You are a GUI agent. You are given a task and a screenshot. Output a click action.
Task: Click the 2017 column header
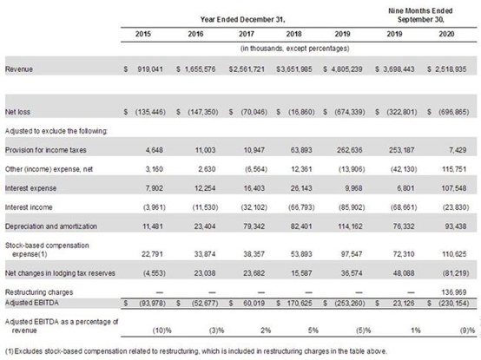pos(247,34)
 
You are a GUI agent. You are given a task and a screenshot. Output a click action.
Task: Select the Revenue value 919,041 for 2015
pos(150,69)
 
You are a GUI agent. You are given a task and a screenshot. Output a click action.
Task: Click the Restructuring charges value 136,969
pos(454,292)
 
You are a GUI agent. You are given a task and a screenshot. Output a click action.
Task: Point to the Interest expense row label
pos(30,188)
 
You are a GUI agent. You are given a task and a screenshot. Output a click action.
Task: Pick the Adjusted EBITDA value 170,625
pos(300,304)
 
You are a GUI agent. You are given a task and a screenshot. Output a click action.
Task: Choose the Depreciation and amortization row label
pos(51,226)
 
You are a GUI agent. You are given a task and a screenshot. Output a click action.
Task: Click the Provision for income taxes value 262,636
pos(349,150)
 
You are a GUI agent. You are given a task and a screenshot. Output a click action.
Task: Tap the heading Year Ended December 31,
pos(242,20)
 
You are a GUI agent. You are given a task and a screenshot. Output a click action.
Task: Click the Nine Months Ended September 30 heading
pos(420,15)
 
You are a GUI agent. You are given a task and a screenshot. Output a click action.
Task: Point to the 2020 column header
pos(446,34)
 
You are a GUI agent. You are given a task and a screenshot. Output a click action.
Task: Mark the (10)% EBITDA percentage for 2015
pos(162,331)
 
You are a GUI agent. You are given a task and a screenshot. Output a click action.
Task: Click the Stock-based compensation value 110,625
pos(454,254)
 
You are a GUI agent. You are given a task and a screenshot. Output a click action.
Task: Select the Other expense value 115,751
pos(454,169)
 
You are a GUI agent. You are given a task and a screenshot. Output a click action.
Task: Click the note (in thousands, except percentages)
pos(294,49)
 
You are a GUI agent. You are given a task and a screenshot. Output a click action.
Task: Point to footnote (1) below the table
pos(196,351)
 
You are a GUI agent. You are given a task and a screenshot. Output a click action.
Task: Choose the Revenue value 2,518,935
pos(451,69)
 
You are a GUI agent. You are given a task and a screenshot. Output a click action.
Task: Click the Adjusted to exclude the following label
pos(56,131)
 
